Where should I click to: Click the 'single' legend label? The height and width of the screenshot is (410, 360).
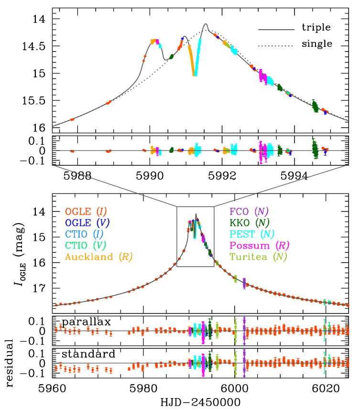(317, 44)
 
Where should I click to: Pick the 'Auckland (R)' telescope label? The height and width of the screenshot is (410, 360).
(99, 257)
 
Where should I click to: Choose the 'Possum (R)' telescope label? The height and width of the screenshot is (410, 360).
(257, 246)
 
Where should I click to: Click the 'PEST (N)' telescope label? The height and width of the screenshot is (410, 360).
(250, 234)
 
